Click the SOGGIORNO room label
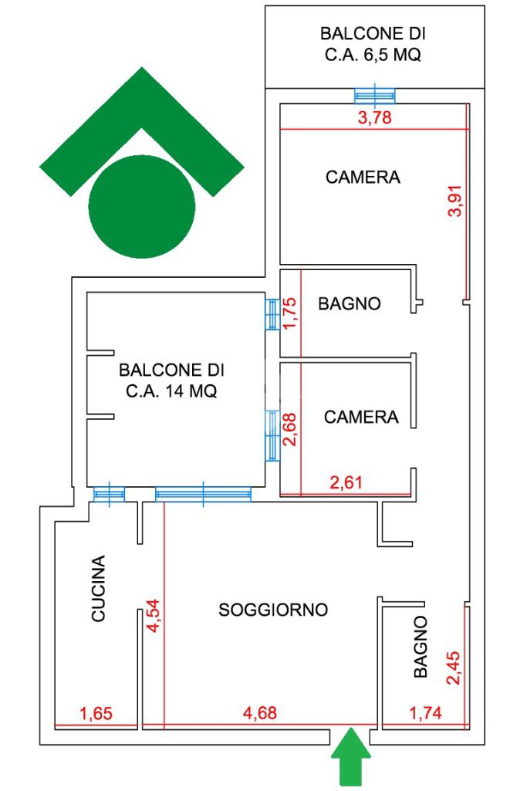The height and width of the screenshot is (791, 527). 273,610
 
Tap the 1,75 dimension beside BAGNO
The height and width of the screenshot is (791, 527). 290,314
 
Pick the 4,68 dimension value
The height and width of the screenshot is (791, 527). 260,714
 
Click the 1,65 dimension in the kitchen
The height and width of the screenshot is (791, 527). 96,714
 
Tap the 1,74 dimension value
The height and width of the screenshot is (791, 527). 425,714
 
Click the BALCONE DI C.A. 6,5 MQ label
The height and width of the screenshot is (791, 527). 373,45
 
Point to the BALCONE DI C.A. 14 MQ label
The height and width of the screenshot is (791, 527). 171,380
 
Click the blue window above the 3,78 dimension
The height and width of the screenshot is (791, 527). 375,95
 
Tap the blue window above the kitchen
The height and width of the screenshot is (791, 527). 109,495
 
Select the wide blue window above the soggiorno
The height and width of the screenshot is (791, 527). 203,494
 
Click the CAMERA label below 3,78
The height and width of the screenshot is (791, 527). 363,177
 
